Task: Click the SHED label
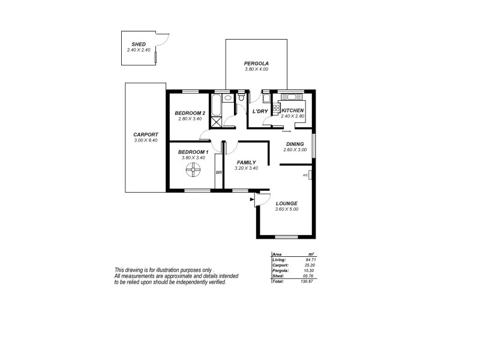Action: pyautogui.click(x=139, y=44)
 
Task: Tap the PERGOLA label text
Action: pyautogui.click(x=256, y=64)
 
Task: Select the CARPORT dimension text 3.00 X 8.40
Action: pyautogui.click(x=146, y=140)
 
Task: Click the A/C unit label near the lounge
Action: pyautogui.click(x=305, y=175)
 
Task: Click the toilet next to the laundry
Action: pyautogui.click(x=241, y=97)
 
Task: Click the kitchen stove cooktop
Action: pyautogui.click(x=277, y=109)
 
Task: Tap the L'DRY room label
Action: pyautogui.click(x=260, y=112)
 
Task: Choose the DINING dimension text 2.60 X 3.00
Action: pyautogui.click(x=295, y=149)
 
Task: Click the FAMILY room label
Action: pyautogui.click(x=247, y=163)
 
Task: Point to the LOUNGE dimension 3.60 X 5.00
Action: pyautogui.click(x=286, y=209)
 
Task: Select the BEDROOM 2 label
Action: pyautogui.click(x=190, y=113)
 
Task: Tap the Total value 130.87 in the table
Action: pyautogui.click(x=307, y=281)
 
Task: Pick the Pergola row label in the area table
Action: pyautogui.click(x=280, y=270)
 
